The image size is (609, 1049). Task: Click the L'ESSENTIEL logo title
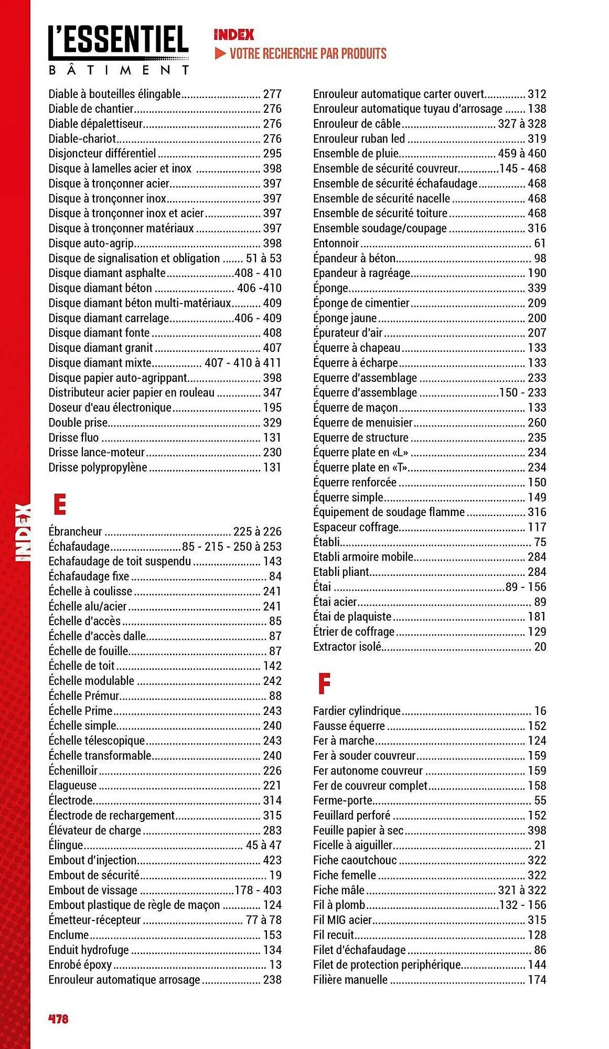pyautogui.click(x=119, y=41)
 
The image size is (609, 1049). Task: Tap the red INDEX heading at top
pyautogui.click(x=234, y=35)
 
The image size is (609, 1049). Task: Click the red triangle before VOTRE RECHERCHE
pyautogui.click(x=220, y=53)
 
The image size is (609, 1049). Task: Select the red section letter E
pyautogui.click(x=60, y=504)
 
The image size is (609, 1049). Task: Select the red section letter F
pyautogui.click(x=324, y=683)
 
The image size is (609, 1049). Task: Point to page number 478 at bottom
pyautogui.click(x=58, y=1019)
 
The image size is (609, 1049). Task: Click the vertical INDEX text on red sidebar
pyautogui.click(x=23, y=532)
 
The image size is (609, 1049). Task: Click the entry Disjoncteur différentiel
pyautogui.click(x=102, y=154)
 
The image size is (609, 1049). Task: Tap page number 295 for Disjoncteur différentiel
pyautogui.click(x=272, y=154)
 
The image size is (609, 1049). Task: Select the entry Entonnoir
pyautogui.click(x=336, y=243)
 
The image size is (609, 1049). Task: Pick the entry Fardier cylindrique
pyautogui.click(x=357, y=711)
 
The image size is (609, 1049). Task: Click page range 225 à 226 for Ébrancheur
pyautogui.click(x=258, y=531)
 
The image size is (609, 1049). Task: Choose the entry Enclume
pyautogui.click(x=69, y=935)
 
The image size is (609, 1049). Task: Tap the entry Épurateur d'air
pyautogui.click(x=348, y=333)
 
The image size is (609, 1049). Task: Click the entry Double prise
pyautogui.click(x=78, y=423)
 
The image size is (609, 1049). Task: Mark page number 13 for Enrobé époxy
pyautogui.click(x=275, y=965)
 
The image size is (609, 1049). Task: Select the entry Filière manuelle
pyautogui.click(x=350, y=980)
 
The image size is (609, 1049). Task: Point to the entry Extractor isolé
pyautogui.click(x=347, y=647)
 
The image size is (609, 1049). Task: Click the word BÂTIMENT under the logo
pyautogui.click(x=119, y=70)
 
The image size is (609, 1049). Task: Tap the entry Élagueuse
pyautogui.click(x=72, y=786)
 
